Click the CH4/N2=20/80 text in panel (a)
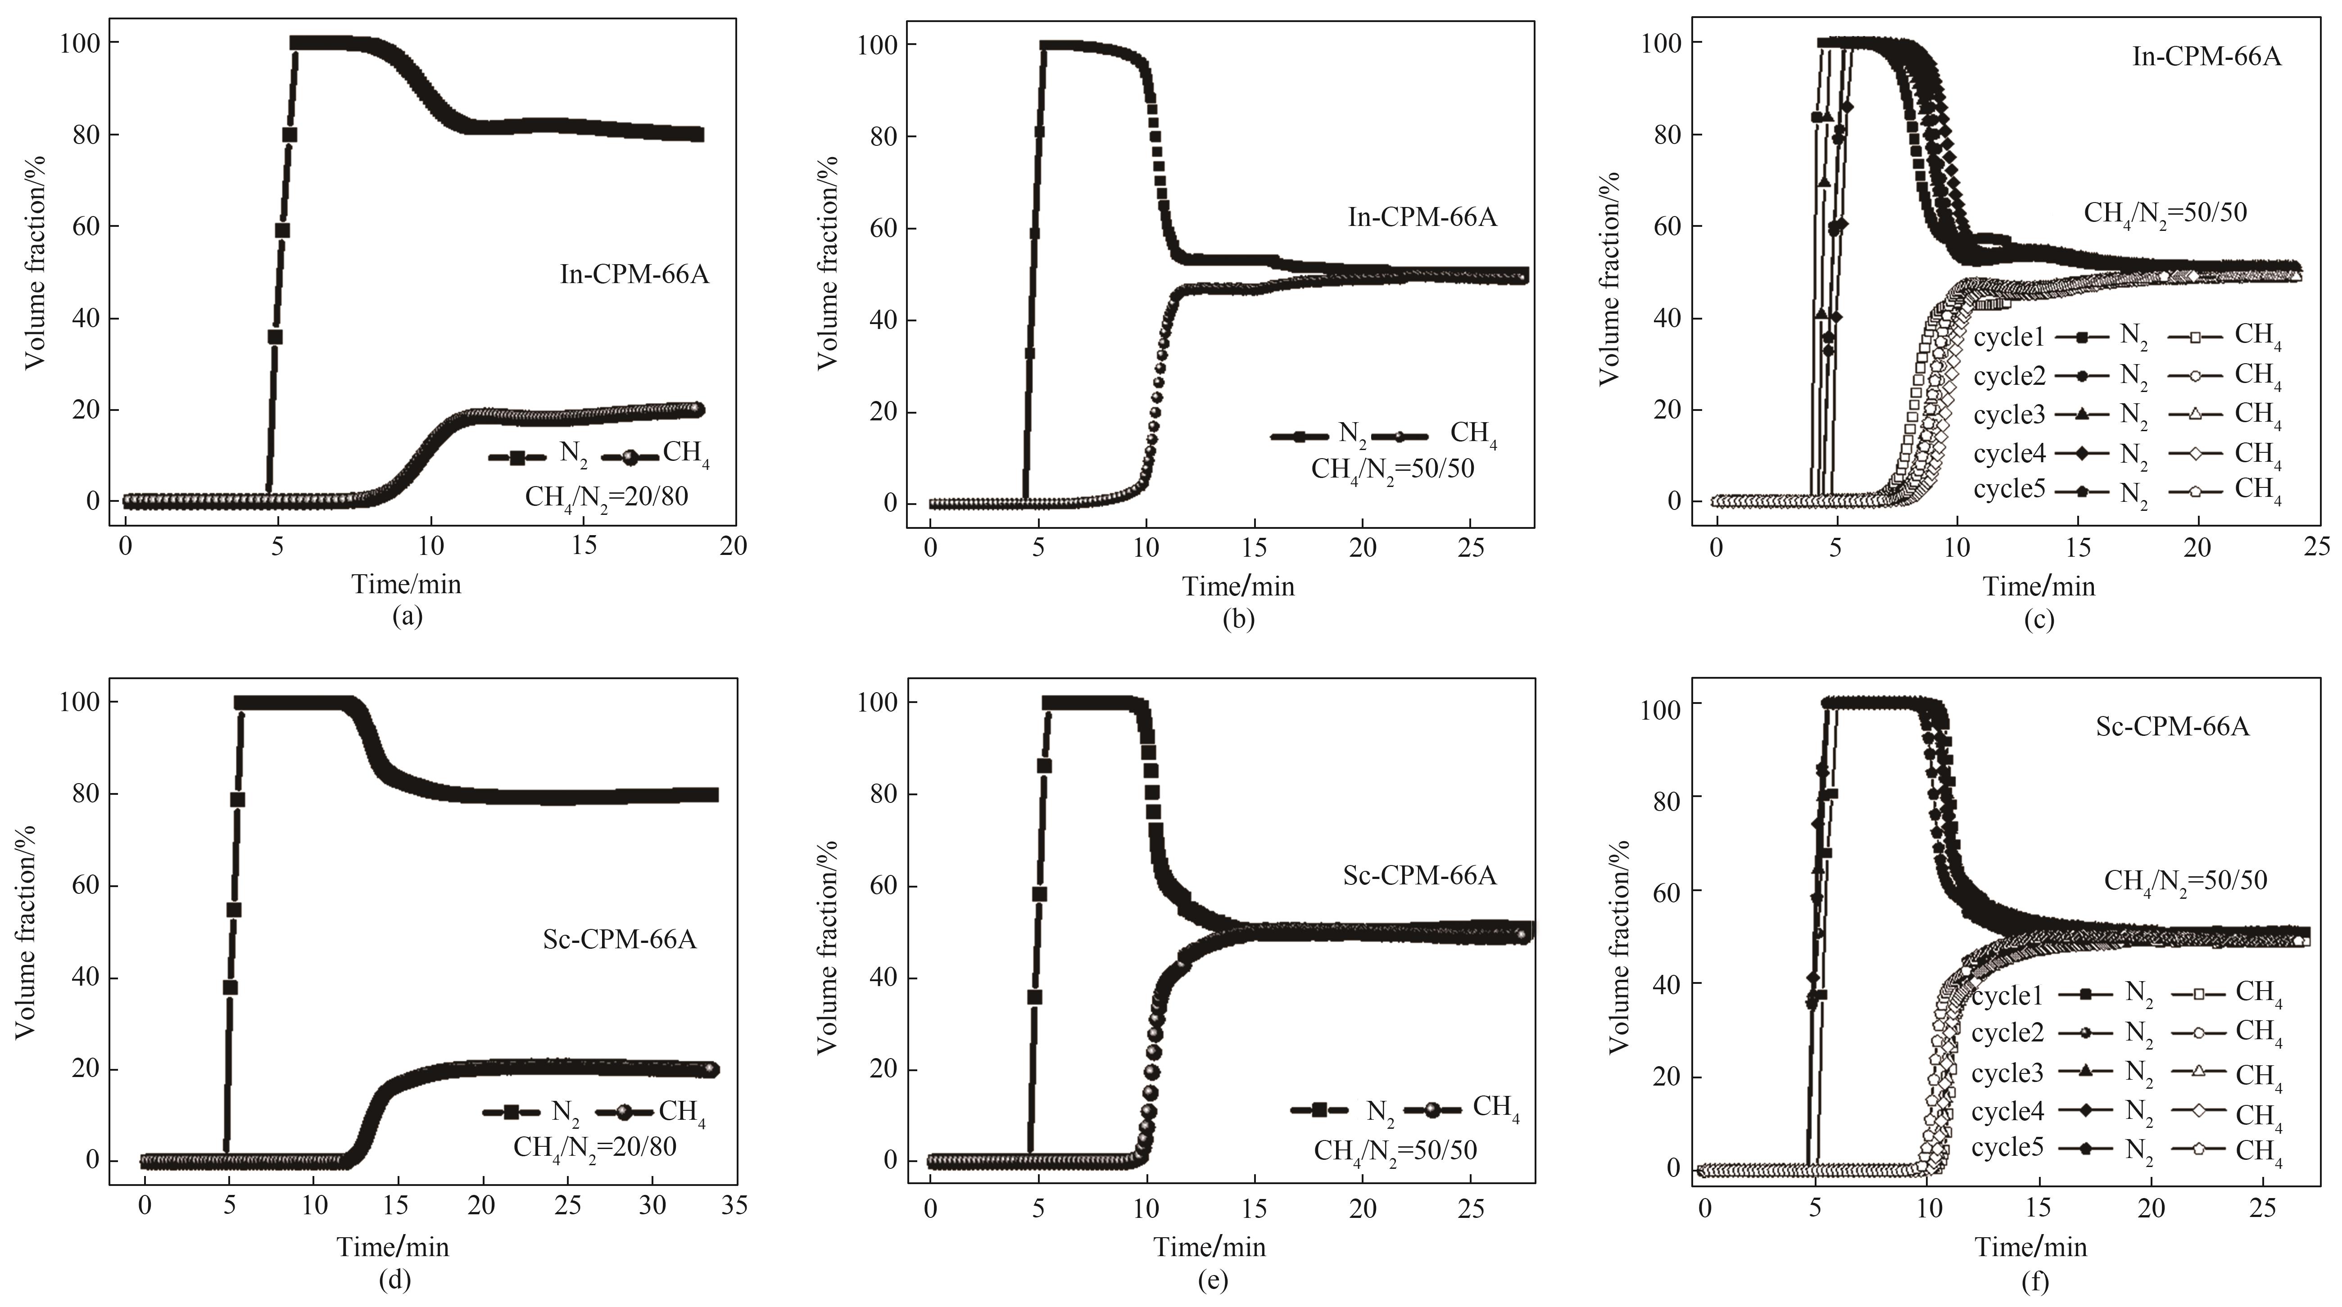[x=607, y=497]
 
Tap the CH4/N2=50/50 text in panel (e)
[x=1395, y=1151]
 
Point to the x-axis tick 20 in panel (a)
[x=733, y=545]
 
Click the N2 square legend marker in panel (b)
[x=1300, y=436]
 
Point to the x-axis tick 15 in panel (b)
[x=1255, y=548]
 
